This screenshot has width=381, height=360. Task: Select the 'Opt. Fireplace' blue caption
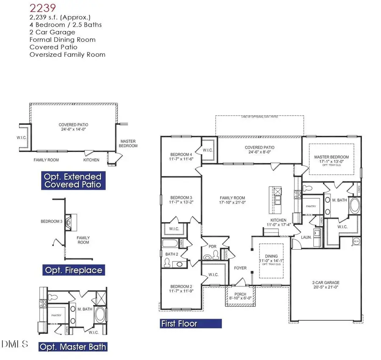click(72, 270)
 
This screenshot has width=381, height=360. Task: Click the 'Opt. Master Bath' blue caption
click(72, 347)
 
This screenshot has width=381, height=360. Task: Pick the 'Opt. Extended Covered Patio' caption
click(73, 181)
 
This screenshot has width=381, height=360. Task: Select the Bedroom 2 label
click(181, 289)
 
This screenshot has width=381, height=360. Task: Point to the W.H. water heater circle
click(356, 241)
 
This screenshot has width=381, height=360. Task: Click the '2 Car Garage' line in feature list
click(52, 32)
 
